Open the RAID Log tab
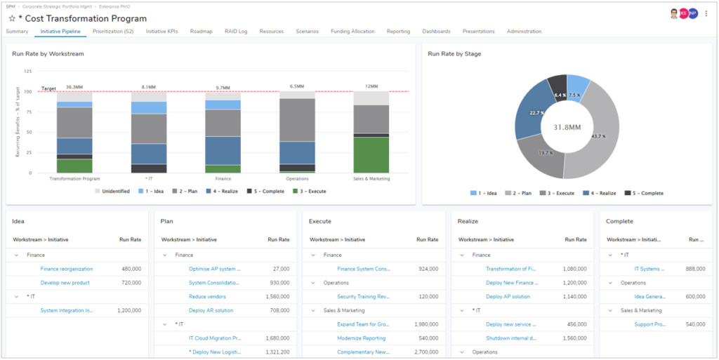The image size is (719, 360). pos(235,32)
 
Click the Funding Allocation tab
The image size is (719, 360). pos(352,32)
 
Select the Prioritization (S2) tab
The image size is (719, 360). pos(113,32)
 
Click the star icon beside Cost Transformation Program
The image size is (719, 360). pos(12,19)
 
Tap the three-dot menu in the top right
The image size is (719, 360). pos(706,13)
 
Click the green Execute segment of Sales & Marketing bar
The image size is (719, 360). pos(371,154)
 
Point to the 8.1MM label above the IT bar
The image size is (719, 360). pos(149,87)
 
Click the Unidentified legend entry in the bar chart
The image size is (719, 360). pos(115,191)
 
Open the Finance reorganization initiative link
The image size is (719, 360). pos(66,269)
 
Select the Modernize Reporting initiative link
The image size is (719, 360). pos(361,338)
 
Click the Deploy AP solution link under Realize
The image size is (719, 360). pos(508,296)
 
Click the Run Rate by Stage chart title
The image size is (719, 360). pos(454,53)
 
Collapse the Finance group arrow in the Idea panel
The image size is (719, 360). pos(17,255)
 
